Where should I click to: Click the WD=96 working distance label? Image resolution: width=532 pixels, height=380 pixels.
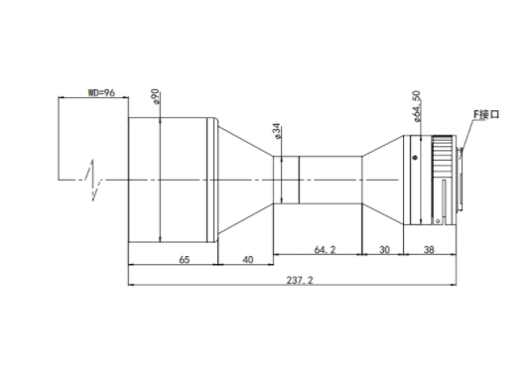[x=101, y=92]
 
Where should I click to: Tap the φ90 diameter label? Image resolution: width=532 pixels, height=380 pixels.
[x=156, y=97]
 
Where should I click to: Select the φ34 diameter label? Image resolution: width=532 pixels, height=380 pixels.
[x=277, y=131]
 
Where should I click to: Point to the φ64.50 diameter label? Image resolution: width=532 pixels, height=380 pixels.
[x=417, y=106]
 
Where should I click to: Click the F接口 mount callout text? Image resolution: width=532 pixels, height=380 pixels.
[x=486, y=114]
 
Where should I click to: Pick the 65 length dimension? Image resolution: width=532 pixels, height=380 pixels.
[x=184, y=260]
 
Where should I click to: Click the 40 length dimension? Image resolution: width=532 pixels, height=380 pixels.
[x=248, y=260]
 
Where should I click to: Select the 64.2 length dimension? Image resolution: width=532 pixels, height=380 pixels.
[x=325, y=250]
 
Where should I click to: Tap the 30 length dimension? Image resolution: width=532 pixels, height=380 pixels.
[x=384, y=250]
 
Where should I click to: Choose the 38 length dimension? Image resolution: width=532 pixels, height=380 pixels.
[x=429, y=250]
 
